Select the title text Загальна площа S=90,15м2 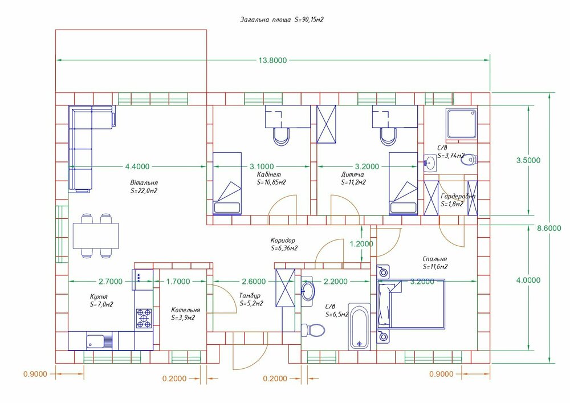(x=282, y=19)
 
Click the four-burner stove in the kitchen (x=144, y=318)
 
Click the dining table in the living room (x=95, y=234)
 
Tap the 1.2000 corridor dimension (x=361, y=243)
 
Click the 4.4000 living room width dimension (x=137, y=166)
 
